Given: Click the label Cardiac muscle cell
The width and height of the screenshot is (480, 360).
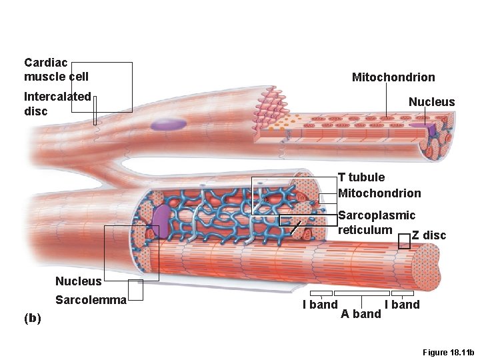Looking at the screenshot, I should point(56,69).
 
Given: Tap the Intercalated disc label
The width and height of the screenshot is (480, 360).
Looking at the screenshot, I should point(57,103).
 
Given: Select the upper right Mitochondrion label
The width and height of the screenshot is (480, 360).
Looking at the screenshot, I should point(393,77).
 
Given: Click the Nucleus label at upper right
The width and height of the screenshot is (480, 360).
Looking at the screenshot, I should point(431,102).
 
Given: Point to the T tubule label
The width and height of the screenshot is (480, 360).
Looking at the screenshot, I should point(361,177).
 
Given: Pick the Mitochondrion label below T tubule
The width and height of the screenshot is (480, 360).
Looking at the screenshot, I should point(379,193).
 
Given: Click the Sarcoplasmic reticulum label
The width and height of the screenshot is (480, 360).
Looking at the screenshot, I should point(376,223).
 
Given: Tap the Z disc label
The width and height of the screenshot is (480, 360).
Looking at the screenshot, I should point(429,235).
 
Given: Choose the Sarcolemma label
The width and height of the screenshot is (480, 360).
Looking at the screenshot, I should point(90,300).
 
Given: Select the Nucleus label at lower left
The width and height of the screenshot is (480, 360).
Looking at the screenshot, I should point(79,281).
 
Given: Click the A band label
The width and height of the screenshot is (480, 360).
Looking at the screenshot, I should point(361,313).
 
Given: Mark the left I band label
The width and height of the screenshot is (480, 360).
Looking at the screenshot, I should point(320,305).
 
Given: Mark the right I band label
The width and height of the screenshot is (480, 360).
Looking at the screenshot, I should point(402,305).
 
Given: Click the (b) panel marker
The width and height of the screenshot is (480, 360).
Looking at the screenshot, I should point(32,318).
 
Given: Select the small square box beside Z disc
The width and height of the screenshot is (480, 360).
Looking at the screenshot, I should point(404,242).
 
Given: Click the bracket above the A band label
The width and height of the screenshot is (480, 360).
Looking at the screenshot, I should point(361,293).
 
